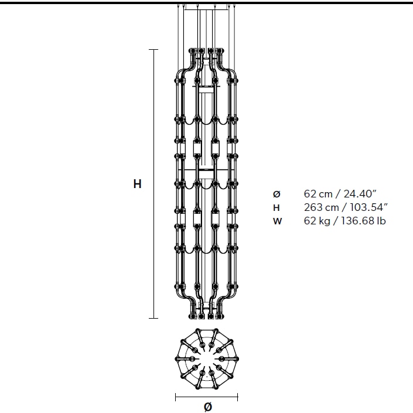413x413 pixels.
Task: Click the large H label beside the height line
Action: click(137, 184)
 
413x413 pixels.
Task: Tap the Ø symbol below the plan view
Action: click(207, 407)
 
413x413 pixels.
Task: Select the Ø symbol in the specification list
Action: click(277, 194)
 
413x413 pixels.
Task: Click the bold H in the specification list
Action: click(277, 207)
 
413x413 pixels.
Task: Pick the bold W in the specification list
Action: click(277, 221)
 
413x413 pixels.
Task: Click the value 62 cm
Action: click(318, 194)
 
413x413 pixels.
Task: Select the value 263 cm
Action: click(320, 207)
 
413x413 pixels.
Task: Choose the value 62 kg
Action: click(318, 221)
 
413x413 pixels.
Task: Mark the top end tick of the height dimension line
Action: click(153, 50)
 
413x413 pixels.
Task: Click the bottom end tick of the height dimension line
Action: click(153, 318)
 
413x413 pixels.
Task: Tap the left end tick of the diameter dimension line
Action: click(176, 397)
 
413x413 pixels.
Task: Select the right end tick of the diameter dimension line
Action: click(238, 397)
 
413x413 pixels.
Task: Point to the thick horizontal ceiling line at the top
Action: click(206, 3)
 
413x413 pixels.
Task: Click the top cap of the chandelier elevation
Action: click(207, 52)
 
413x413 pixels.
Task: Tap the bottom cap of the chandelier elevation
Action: click(207, 316)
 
